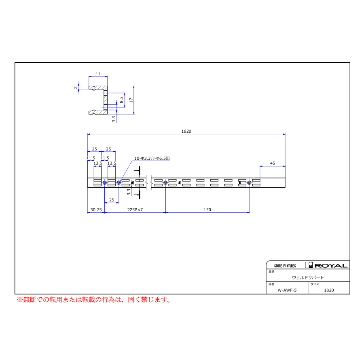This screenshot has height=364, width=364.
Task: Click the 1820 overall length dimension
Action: coord(186,131)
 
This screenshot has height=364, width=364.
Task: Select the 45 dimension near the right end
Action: coord(273,163)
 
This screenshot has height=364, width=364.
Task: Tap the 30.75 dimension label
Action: coord(96,210)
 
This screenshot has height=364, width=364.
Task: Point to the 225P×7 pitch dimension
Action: coord(135,210)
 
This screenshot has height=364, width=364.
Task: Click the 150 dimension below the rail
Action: coord(207,210)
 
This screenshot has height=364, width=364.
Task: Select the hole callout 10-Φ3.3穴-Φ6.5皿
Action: coord(152,158)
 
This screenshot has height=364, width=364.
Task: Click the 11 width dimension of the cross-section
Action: coord(98,74)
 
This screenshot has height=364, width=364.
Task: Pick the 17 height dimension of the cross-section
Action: coord(131,100)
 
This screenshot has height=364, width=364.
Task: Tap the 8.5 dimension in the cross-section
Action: coord(121,100)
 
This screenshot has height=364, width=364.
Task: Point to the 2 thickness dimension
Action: coord(76,87)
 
